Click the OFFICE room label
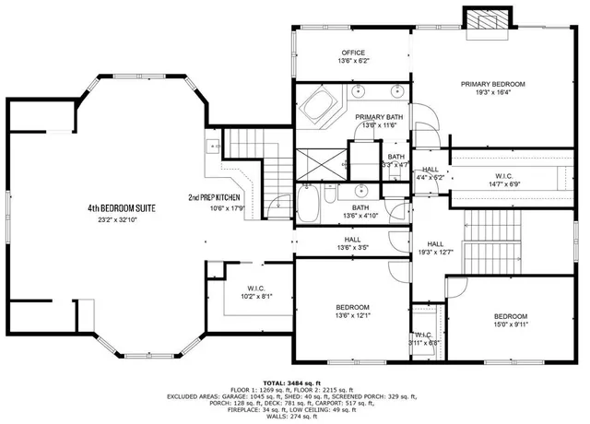click(354, 53)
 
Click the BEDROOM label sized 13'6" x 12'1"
click(352, 307)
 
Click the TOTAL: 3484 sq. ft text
click(291, 382)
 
